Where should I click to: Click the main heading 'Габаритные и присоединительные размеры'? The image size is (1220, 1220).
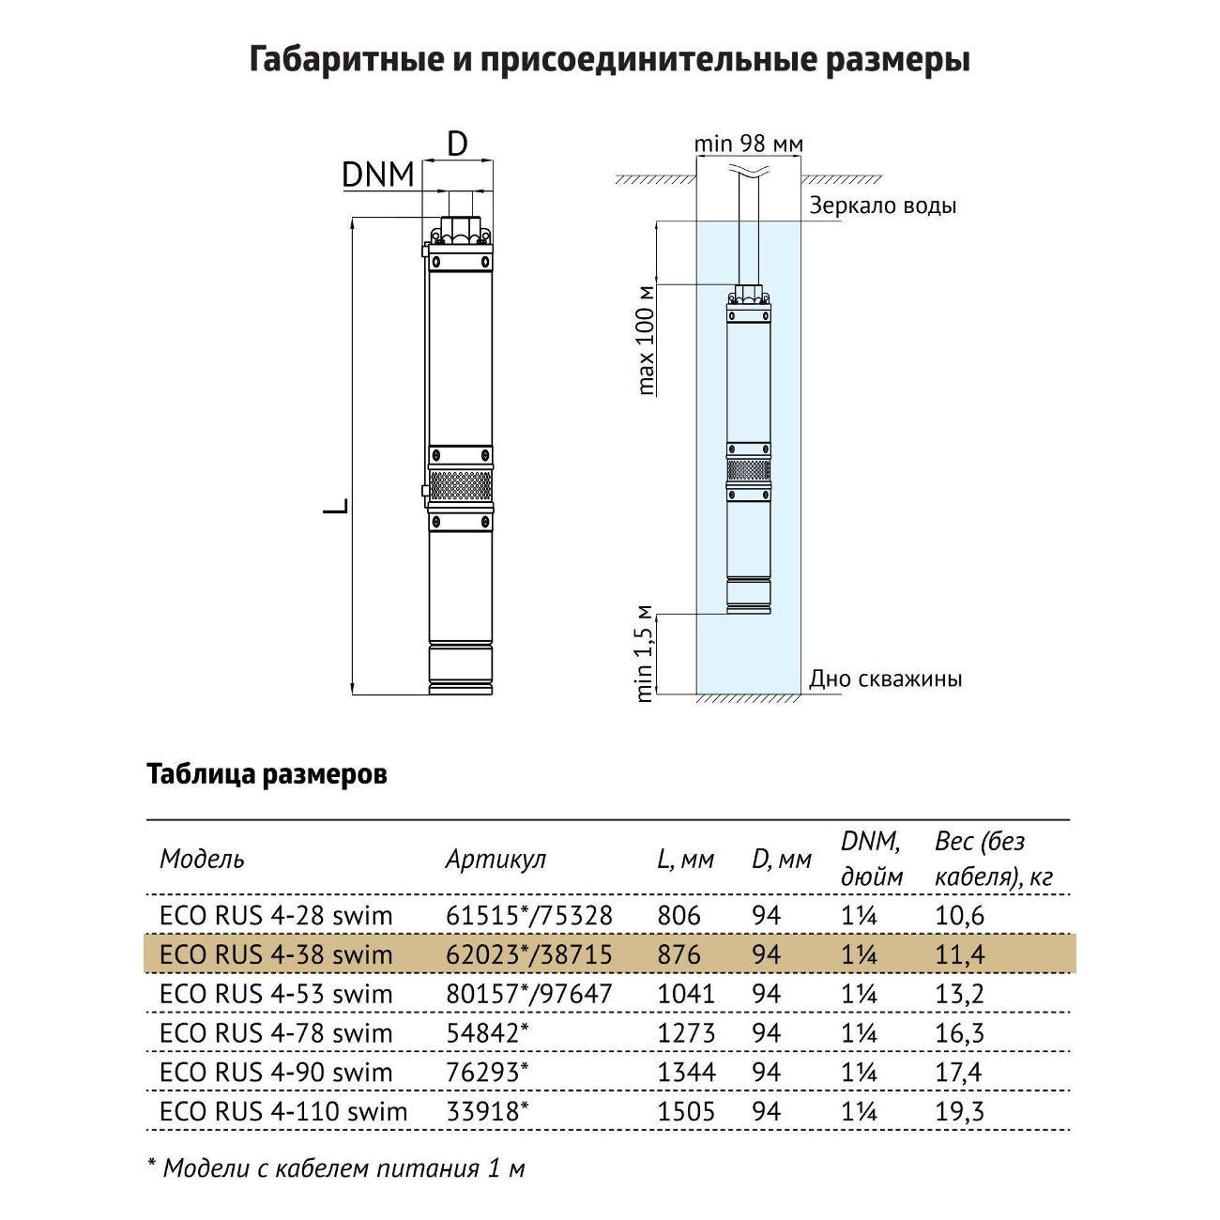(610, 59)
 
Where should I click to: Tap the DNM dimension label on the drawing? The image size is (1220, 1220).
(378, 175)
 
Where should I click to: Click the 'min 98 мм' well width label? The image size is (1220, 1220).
(748, 144)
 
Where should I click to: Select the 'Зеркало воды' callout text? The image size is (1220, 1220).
(882, 206)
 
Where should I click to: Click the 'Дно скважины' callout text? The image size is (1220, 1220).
(885, 679)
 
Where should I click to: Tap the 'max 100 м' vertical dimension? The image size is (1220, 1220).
(646, 339)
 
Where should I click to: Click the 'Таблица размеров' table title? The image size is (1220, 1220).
(267, 775)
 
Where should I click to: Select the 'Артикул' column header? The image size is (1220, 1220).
(495, 859)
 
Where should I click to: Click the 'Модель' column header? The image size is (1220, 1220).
(202, 859)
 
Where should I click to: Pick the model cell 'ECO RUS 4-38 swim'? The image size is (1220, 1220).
(276, 954)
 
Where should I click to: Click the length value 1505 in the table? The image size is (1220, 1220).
(686, 1112)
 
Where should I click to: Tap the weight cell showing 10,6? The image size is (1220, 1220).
(959, 915)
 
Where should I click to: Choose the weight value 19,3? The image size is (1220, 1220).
(959, 1112)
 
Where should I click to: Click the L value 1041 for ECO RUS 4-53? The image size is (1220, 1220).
(686, 994)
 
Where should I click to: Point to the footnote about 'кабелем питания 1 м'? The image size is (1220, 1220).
(337, 1168)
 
